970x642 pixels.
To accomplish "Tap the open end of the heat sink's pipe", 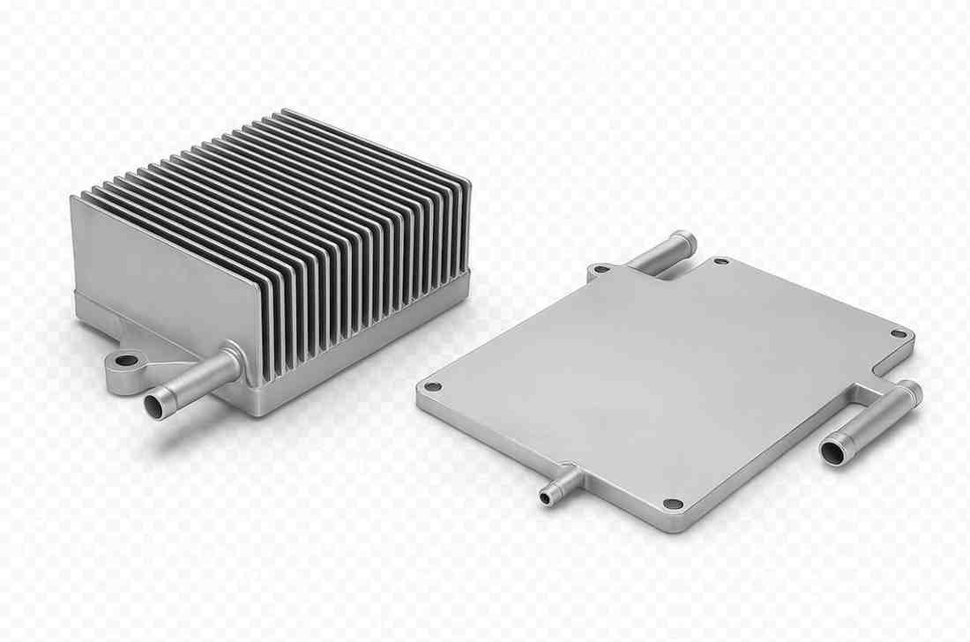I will pos(155,406).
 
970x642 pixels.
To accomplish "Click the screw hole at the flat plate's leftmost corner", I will pos(432,386).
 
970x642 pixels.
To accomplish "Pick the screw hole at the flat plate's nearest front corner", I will pos(673,504).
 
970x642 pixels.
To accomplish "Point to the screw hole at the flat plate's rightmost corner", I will pos(898,334).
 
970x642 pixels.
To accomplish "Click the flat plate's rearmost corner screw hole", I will pos(720,262).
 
